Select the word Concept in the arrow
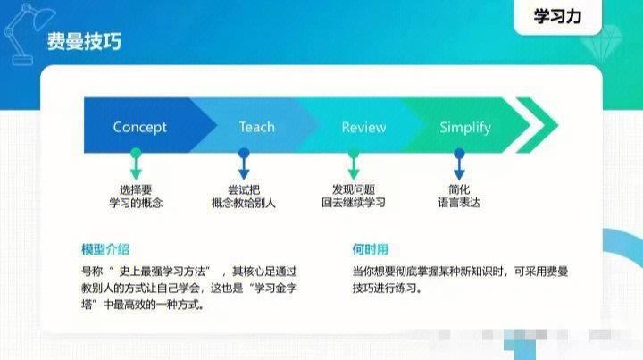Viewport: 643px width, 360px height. coord(139,128)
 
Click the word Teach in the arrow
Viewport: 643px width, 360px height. coord(256,128)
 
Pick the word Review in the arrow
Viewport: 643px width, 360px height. coord(363,128)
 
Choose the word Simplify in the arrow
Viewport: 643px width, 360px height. coord(464,128)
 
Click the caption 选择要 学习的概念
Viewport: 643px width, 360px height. coord(136,197)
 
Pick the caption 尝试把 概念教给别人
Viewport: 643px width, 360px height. coord(244,197)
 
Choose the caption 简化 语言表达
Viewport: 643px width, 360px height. coord(459,197)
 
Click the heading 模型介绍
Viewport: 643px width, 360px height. coord(104,249)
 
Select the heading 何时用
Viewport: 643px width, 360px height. coord(370,249)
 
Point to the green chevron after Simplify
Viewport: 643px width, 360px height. coord(537,126)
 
